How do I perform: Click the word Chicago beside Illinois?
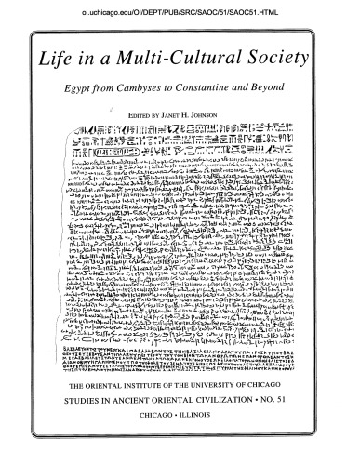160,445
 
